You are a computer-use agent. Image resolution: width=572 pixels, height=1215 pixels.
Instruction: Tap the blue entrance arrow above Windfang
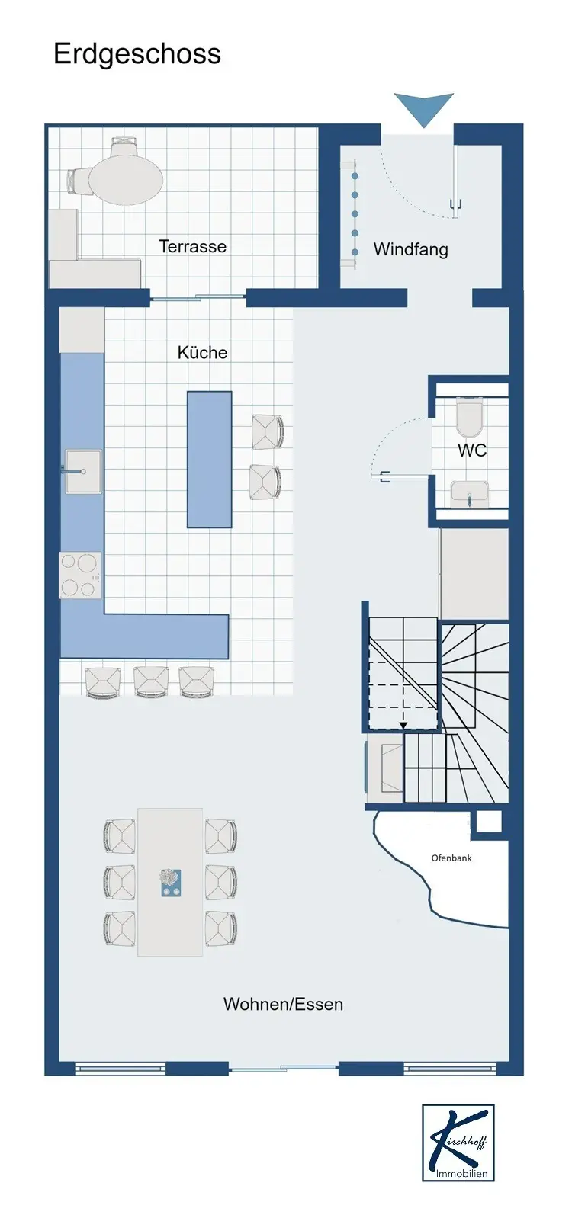pos(424,109)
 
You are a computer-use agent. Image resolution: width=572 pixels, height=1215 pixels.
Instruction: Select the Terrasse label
pos(193,247)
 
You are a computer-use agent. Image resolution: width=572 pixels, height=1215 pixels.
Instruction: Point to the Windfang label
pos(411,249)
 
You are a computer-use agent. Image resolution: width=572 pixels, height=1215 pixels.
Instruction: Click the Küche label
pos(202,353)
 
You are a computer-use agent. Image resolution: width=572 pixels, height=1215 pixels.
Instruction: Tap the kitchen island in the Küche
pos(210,460)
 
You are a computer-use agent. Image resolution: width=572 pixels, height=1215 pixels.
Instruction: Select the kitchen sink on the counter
pos(83,471)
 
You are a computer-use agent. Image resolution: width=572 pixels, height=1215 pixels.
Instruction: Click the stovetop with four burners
pos(80,575)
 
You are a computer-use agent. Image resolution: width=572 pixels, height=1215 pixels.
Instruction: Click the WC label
pos(472,450)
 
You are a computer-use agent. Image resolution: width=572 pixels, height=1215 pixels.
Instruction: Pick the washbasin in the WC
pos(471,494)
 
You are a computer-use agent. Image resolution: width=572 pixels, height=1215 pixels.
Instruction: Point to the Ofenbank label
pos(451,858)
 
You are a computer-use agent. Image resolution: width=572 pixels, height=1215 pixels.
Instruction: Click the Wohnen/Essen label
pos(283,1004)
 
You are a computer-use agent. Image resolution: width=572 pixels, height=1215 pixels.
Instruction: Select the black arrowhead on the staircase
pos(403,725)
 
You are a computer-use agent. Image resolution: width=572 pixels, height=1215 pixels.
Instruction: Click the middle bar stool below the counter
pos(151,681)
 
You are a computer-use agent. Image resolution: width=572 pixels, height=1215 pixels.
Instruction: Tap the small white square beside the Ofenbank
pos(488,822)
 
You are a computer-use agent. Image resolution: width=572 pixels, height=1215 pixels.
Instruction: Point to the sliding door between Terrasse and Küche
pos(198,297)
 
